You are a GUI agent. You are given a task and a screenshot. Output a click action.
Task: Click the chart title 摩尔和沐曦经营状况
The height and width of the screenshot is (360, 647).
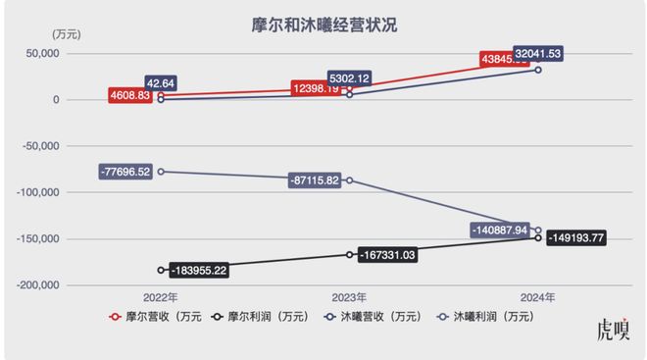323,23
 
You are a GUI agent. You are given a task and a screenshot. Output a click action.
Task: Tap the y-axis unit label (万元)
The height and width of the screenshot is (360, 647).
66,34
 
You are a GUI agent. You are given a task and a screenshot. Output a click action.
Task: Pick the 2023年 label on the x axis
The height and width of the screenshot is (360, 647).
349,297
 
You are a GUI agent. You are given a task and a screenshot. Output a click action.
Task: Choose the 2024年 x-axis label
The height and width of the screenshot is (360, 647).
538,297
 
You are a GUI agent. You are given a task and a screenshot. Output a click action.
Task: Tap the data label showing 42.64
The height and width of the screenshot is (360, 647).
162,82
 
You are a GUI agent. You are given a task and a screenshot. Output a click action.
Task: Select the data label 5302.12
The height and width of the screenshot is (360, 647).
351,77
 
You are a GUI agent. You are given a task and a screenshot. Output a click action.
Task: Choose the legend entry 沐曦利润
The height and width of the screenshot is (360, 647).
495,318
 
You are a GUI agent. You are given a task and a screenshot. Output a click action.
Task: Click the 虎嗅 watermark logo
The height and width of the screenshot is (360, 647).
614,332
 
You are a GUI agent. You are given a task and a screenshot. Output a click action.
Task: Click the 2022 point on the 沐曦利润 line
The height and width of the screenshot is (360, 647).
161,172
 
